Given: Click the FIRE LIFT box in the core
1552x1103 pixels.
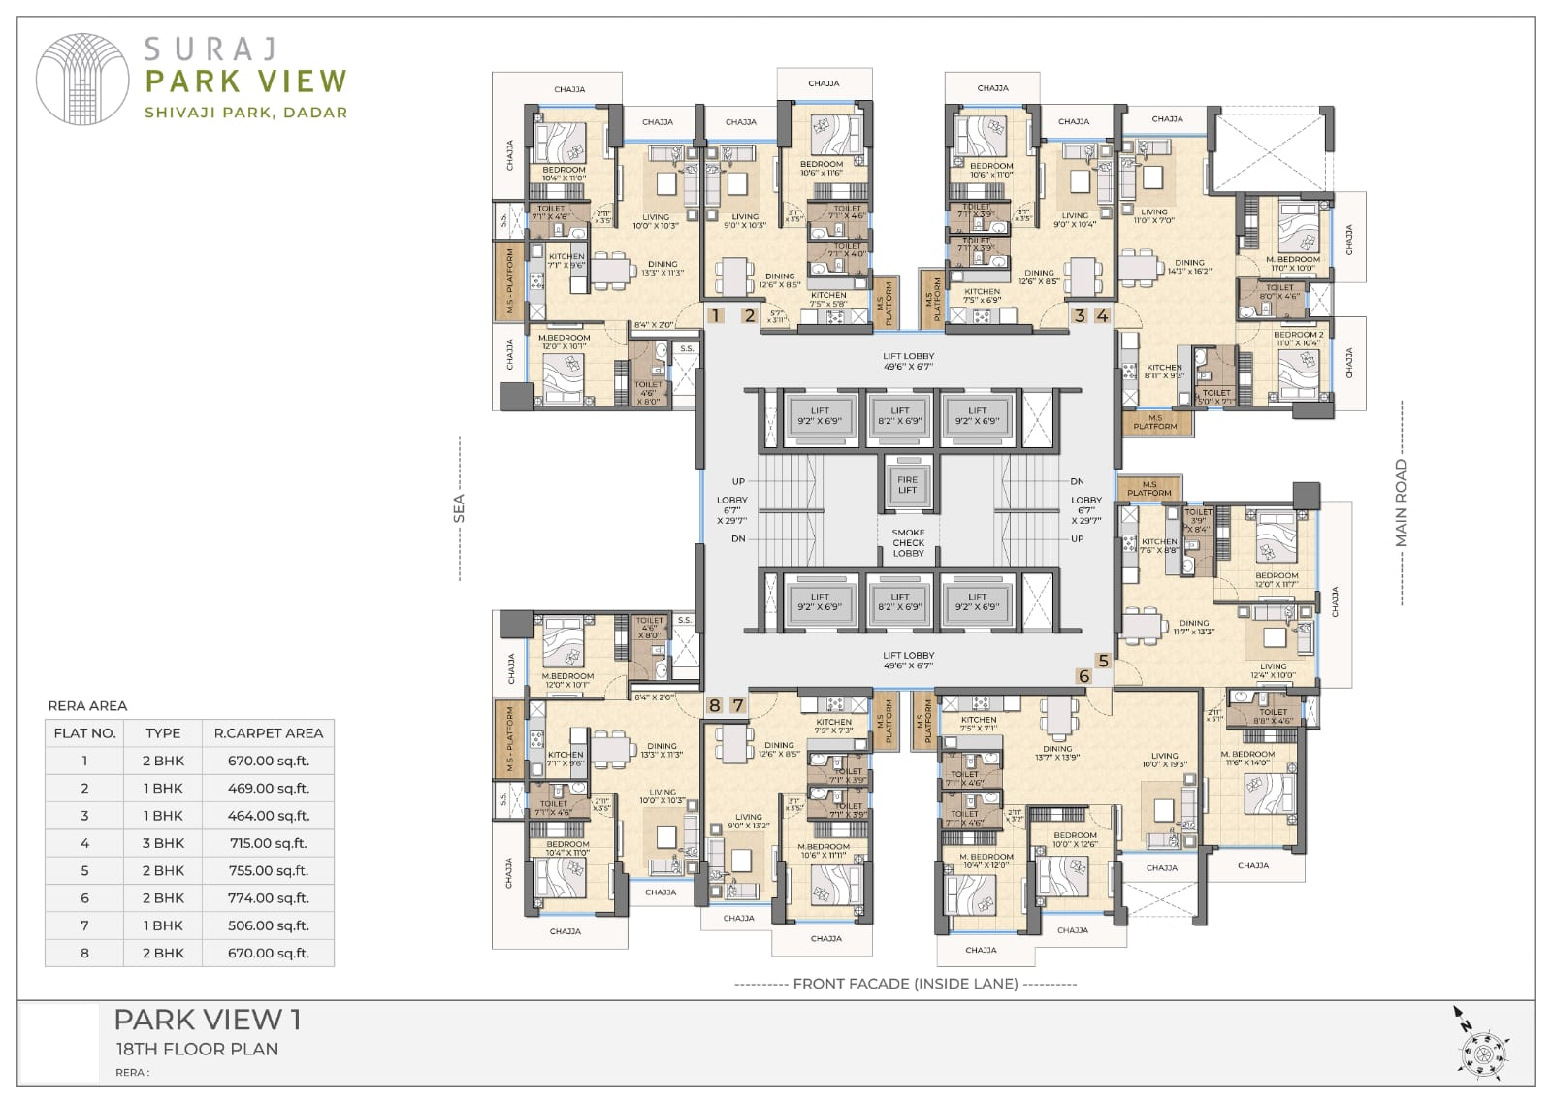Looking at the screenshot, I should pos(907,484).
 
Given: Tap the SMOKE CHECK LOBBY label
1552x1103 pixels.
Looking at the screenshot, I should pos(908,542).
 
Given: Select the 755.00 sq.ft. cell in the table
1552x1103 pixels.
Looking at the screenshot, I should pos(267,870).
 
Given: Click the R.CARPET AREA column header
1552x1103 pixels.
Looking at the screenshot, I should pos(268,733).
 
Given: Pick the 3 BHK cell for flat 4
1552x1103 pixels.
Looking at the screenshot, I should pos(163,843).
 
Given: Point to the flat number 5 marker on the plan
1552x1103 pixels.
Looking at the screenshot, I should pos(1103,661).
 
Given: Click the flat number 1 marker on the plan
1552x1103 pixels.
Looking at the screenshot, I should pos(716,315).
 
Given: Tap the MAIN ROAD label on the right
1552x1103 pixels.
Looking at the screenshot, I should pos(1401,503).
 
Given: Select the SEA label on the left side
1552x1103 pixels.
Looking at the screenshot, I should pos(459,508).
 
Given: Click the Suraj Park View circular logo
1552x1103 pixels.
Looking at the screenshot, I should pos(82,80).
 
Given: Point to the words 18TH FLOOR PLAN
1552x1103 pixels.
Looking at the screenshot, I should pos(197,1049).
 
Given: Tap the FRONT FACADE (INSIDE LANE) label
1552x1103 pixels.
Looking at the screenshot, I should pos(905,984).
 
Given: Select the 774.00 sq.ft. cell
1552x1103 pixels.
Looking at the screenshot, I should pos(267,898).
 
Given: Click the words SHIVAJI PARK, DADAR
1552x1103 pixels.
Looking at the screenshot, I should pos(245,113).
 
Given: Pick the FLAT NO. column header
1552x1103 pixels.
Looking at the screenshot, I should pos(84,733).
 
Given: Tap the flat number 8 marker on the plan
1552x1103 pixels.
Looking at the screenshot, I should pos(715,705).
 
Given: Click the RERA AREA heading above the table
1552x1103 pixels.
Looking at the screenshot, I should pos(87,705).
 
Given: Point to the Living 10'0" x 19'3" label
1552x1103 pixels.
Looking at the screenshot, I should pos(1164,760).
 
